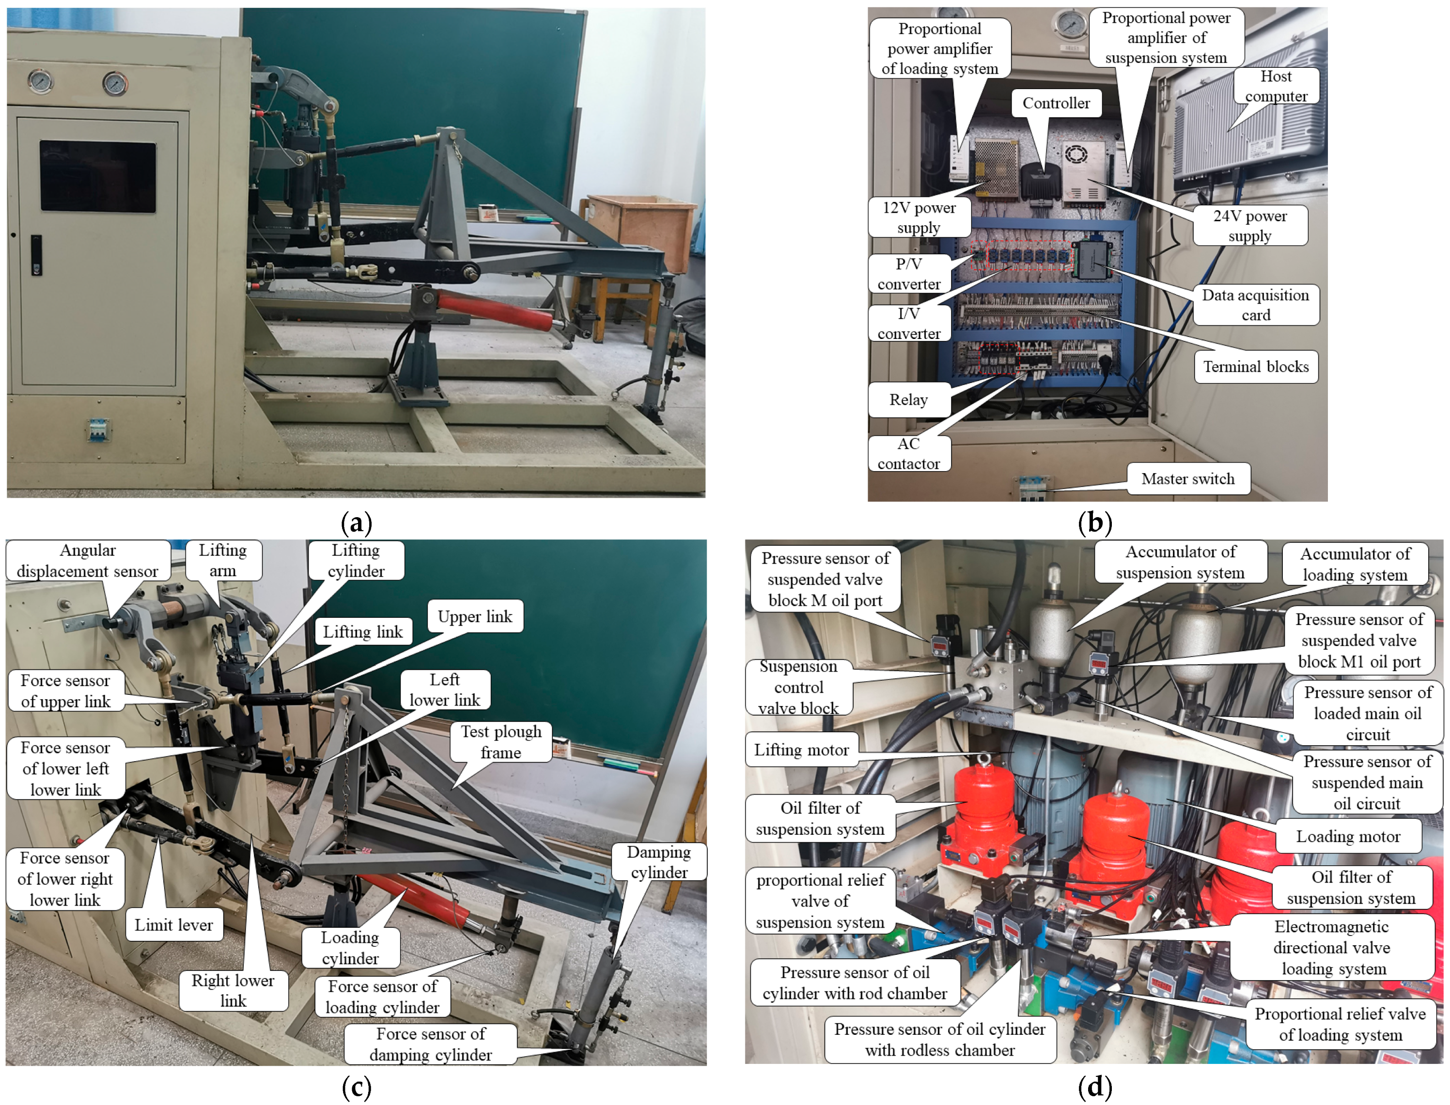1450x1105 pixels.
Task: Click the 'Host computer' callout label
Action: coord(1276,86)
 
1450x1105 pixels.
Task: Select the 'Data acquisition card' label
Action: coord(1255,305)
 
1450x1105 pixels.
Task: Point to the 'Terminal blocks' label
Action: coord(1256,367)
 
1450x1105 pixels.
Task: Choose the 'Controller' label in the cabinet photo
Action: coord(1056,103)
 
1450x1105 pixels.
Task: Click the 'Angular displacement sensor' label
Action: coord(88,560)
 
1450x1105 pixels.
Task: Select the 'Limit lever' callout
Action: coord(174,925)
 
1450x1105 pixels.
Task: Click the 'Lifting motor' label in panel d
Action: coord(801,749)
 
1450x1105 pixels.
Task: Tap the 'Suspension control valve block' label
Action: coord(799,687)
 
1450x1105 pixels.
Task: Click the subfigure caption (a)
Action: coord(357,523)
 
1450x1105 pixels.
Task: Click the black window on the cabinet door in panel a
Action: coord(98,176)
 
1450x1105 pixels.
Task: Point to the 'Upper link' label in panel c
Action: coord(474,616)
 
